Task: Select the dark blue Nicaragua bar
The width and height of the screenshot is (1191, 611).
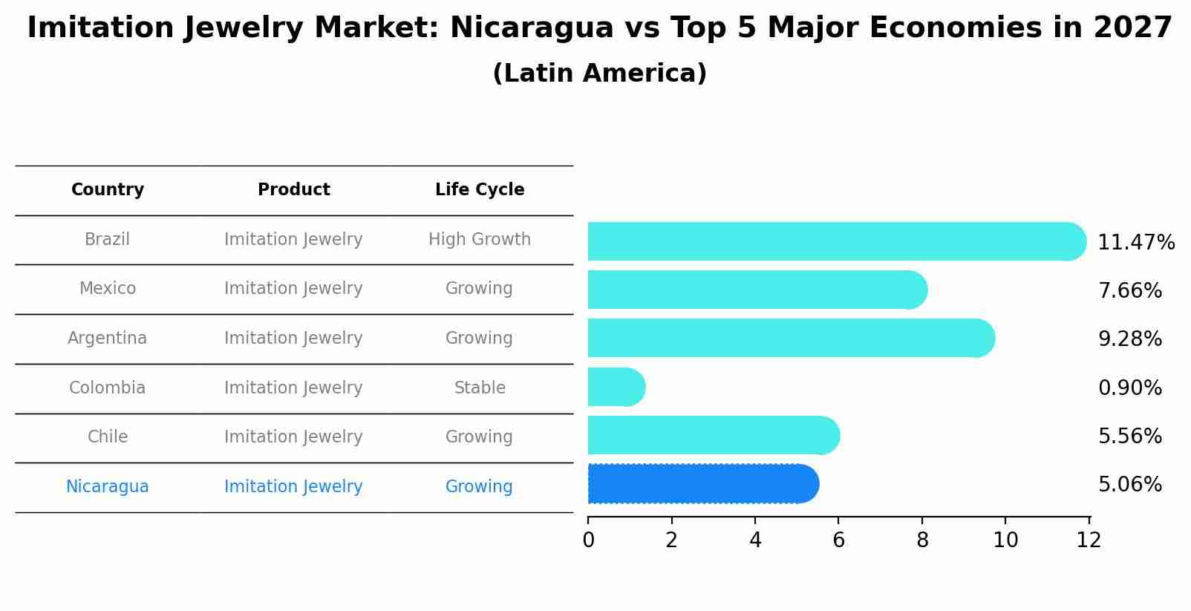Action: (x=702, y=484)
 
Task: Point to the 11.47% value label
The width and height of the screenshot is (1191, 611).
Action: (x=1135, y=243)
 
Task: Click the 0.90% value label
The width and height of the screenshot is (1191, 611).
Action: (x=1129, y=388)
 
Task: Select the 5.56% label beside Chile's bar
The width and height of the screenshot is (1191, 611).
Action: (x=1129, y=436)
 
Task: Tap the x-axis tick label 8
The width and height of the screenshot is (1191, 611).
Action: (x=922, y=540)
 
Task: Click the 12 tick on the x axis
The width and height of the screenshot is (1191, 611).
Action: (x=1089, y=540)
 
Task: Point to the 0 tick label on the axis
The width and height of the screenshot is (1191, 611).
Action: (x=588, y=540)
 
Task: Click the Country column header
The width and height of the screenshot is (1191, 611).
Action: (x=108, y=190)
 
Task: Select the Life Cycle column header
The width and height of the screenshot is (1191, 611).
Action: (x=480, y=190)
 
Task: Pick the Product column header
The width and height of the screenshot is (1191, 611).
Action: (x=293, y=190)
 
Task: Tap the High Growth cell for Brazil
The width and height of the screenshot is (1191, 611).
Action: (x=480, y=240)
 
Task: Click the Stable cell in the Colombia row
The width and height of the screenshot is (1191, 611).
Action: (x=480, y=388)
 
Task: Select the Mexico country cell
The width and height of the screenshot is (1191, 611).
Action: (x=108, y=289)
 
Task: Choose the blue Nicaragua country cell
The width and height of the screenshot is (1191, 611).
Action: (x=108, y=487)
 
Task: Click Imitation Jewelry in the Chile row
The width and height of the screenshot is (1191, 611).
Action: (x=293, y=437)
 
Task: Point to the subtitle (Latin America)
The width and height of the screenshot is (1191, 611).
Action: (x=599, y=73)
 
